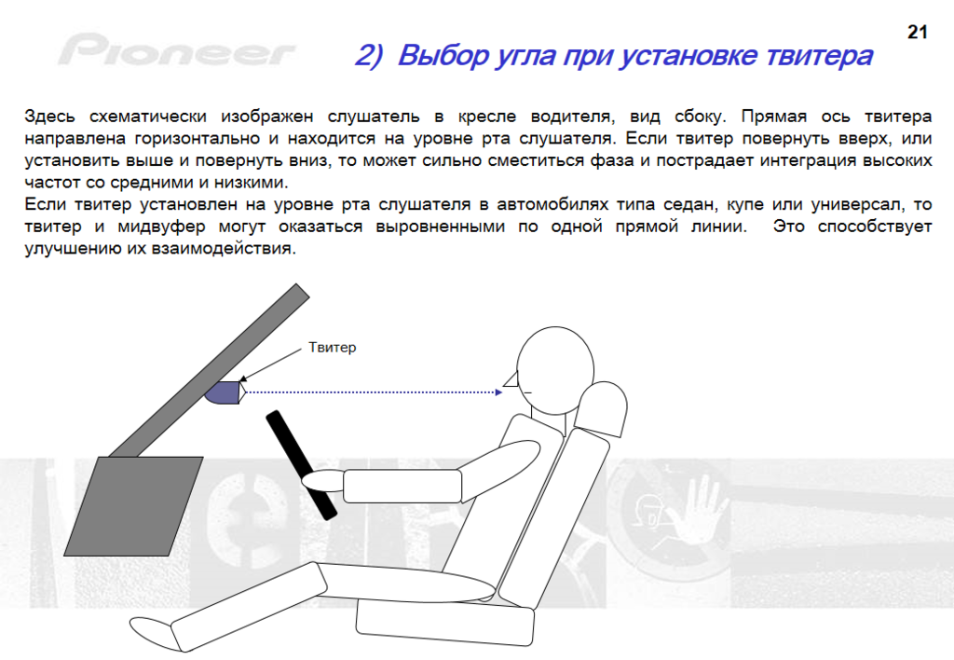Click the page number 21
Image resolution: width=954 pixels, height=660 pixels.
click(917, 32)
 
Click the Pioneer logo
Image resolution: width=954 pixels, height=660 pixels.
click(177, 50)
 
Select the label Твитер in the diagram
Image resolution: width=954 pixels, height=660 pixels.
click(333, 347)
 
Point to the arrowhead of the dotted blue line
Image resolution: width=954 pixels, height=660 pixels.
click(499, 392)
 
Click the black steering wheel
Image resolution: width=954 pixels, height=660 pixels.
click(301, 465)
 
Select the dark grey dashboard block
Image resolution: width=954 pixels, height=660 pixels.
click(134, 506)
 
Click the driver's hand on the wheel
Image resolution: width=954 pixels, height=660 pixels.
click(323, 481)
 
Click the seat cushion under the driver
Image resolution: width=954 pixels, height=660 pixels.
click(444, 623)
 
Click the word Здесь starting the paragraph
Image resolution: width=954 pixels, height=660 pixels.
click(50, 117)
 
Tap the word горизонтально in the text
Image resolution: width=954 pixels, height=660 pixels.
click(198, 139)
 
